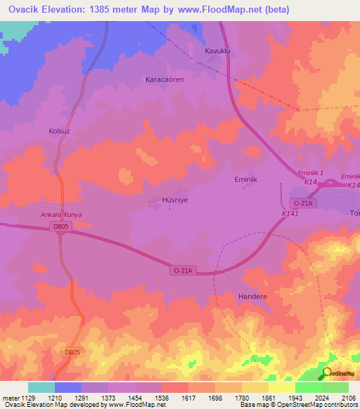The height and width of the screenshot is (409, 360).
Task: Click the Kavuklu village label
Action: (217, 51)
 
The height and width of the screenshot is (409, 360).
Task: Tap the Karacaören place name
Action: (164, 79)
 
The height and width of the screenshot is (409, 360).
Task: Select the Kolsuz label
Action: (58, 131)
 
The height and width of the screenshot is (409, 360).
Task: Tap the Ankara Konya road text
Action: (56, 214)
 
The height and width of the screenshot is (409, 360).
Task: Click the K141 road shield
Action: (290, 214)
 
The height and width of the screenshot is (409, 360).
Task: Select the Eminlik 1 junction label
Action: (310, 173)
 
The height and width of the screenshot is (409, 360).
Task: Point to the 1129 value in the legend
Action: (27, 398)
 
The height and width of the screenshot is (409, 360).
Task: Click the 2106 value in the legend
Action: (349, 398)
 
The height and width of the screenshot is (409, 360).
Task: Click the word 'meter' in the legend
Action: (9, 398)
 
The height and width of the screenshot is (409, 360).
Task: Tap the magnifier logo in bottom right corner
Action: (327, 373)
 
